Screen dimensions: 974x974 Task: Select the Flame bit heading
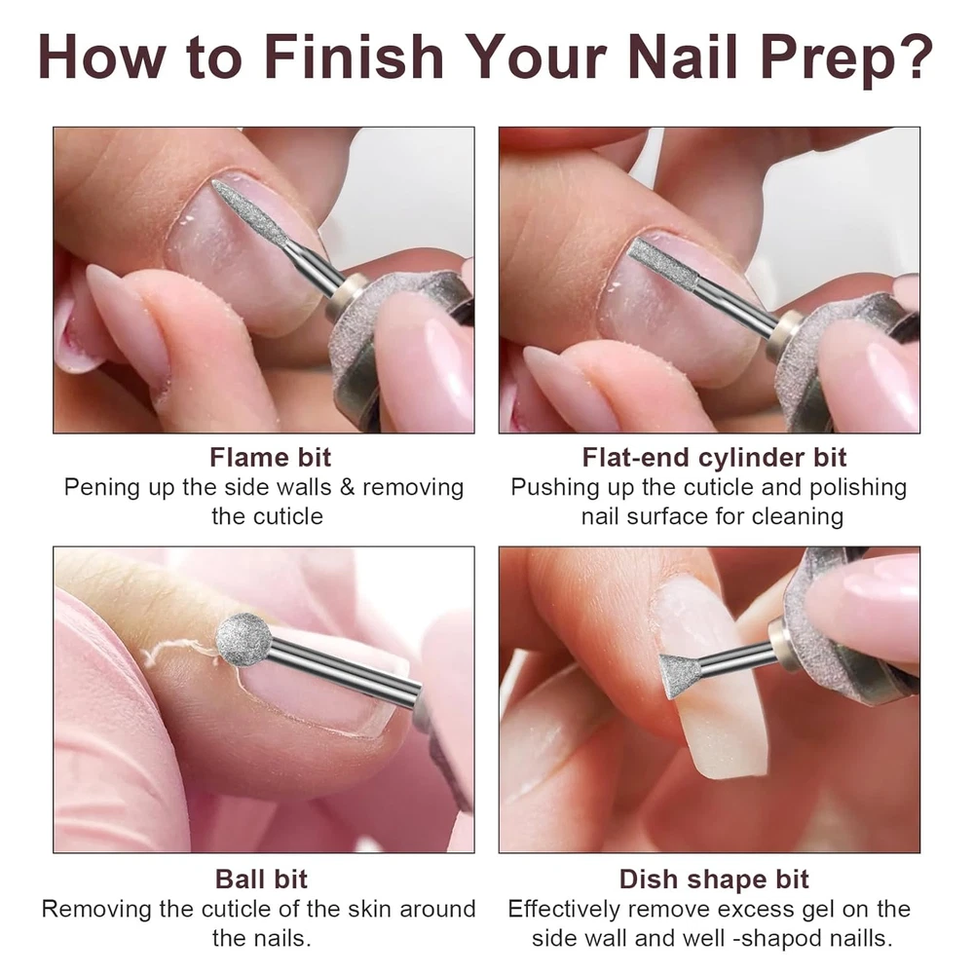point(270,457)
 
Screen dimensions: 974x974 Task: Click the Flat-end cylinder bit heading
point(714,457)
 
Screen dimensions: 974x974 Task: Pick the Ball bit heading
point(261,879)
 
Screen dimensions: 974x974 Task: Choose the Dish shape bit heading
point(714,880)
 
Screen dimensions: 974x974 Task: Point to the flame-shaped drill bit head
point(249,212)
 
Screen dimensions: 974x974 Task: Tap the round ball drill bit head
point(244,641)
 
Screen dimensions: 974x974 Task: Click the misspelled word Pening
point(102,488)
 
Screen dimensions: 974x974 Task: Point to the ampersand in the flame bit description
point(348,488)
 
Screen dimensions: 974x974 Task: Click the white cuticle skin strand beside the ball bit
point(177,653)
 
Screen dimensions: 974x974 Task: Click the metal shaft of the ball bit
point(344,670)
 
